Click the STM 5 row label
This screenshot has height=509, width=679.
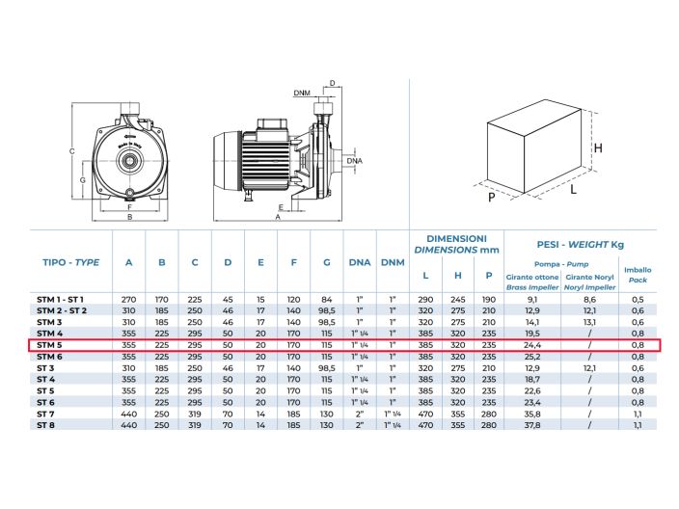(49, 345)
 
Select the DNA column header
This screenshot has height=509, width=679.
(360, 262)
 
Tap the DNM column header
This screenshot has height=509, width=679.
(393, 262)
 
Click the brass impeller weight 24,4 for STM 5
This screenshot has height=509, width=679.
(532, 345)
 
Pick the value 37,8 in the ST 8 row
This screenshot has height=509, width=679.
(532, 425)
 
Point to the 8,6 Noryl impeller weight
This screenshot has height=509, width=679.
(589, 299)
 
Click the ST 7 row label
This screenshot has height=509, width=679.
(45, 414)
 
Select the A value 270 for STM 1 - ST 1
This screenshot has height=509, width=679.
(128, 299)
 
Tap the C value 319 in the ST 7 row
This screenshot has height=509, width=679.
(195, 414)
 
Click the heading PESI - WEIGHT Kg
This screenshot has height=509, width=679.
(581, 245)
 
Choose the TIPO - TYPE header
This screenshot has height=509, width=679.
(71, 262)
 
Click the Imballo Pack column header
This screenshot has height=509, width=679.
(638, 275)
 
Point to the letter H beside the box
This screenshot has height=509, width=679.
(598, 148)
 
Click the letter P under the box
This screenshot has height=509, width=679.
(492, 198)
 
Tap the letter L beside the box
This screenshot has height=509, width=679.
(573, 189)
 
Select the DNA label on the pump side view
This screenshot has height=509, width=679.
(355, 161)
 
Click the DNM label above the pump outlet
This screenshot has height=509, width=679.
(302, 94)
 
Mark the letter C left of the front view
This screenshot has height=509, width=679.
(72, 151)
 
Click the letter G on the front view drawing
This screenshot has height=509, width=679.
(82, 180)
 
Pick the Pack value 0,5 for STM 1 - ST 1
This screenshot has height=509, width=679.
(638, 299)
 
